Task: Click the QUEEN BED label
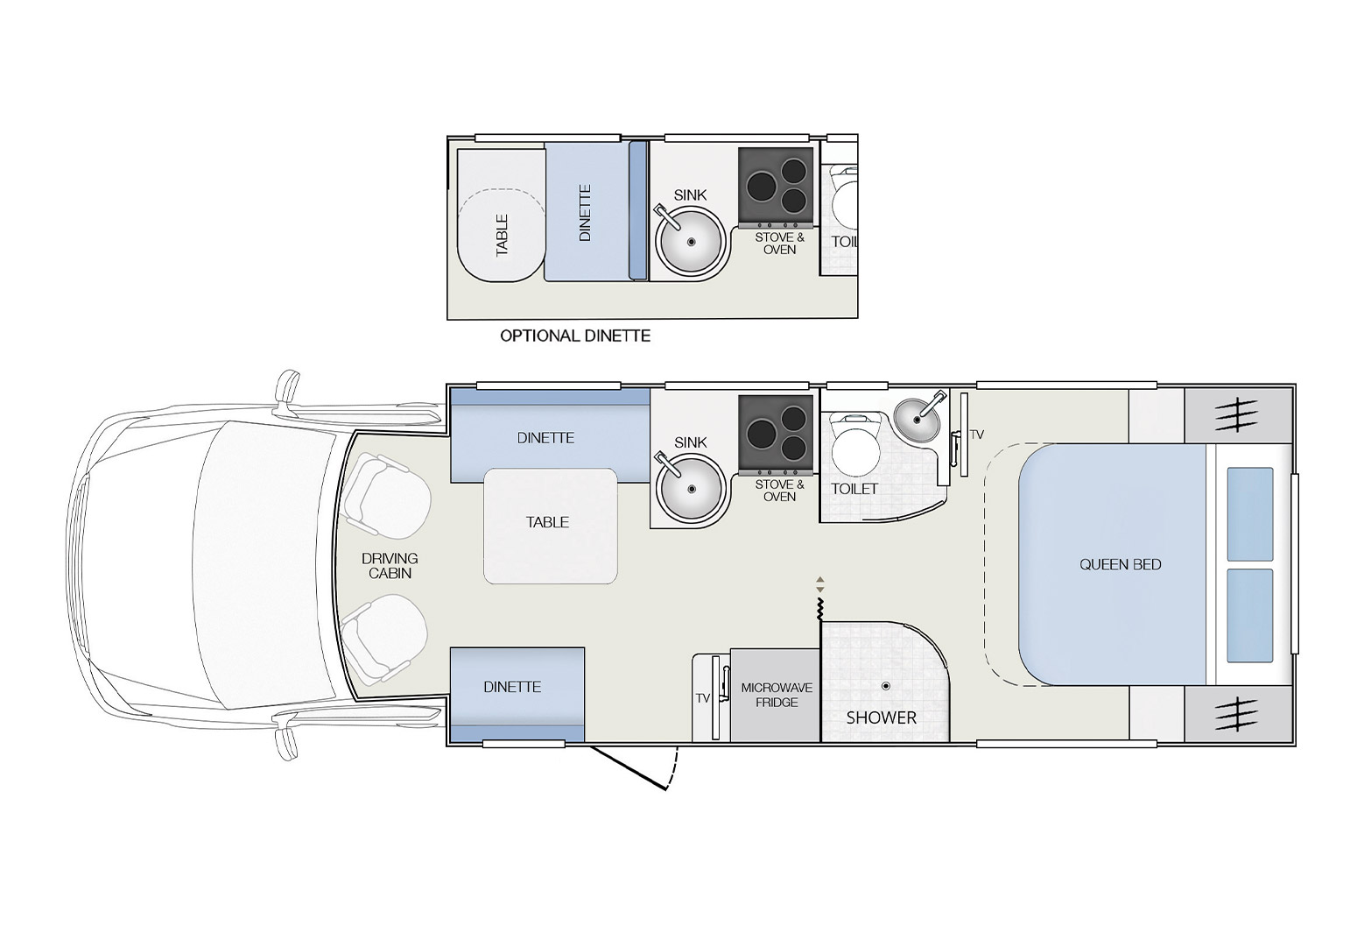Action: pos(1120,565)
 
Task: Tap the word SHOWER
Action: pos(881,717)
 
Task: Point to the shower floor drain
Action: pos(885,686)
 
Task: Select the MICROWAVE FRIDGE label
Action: pos(777,695)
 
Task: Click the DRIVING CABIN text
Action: pos(390,566)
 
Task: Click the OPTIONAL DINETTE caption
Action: pos(575,336)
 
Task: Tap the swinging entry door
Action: pos(630,767)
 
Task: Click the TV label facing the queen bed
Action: pos(977,435)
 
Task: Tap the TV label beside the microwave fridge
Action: pos(702,698)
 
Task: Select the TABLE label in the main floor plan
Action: pos(547,522)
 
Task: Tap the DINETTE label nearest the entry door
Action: pos(512,687)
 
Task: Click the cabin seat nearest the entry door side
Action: pos(385,635)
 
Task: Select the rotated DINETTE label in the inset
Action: pos(586,213)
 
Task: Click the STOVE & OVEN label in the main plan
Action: pos(779,491)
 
